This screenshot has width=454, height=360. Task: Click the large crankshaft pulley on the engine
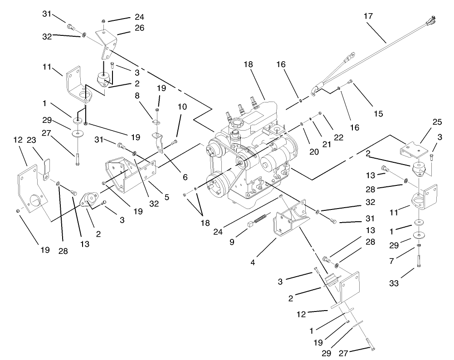(x=218, y=186)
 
